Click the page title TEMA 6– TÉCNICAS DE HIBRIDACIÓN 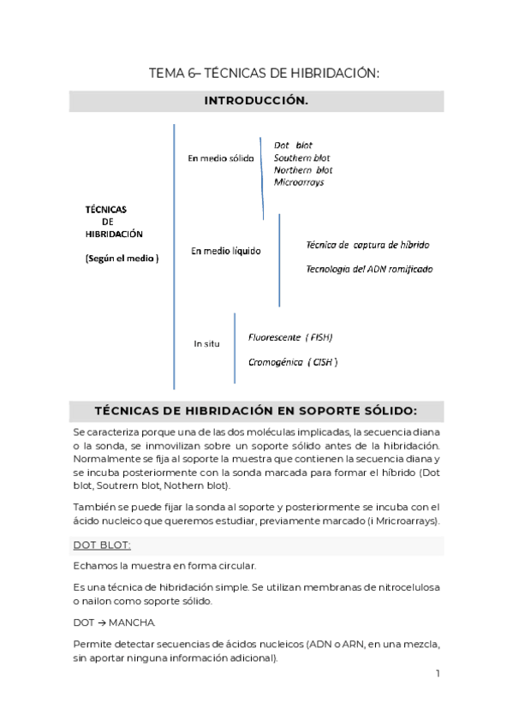coord(264,74)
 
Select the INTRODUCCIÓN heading coord(256,101)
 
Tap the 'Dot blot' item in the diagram coord(293,146)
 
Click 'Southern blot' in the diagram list coord(301,158)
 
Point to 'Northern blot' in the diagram coord(302,170)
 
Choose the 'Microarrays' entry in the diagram coord(298,181)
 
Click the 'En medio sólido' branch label coord(221,159)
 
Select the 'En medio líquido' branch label coord(225,251)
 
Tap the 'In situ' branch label coord(206,343)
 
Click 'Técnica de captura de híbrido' coord(367,245)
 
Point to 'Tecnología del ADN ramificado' coord(369,269)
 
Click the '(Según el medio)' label coord(122,258)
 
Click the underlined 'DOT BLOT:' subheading coord(103,544)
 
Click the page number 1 coord(437,674)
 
